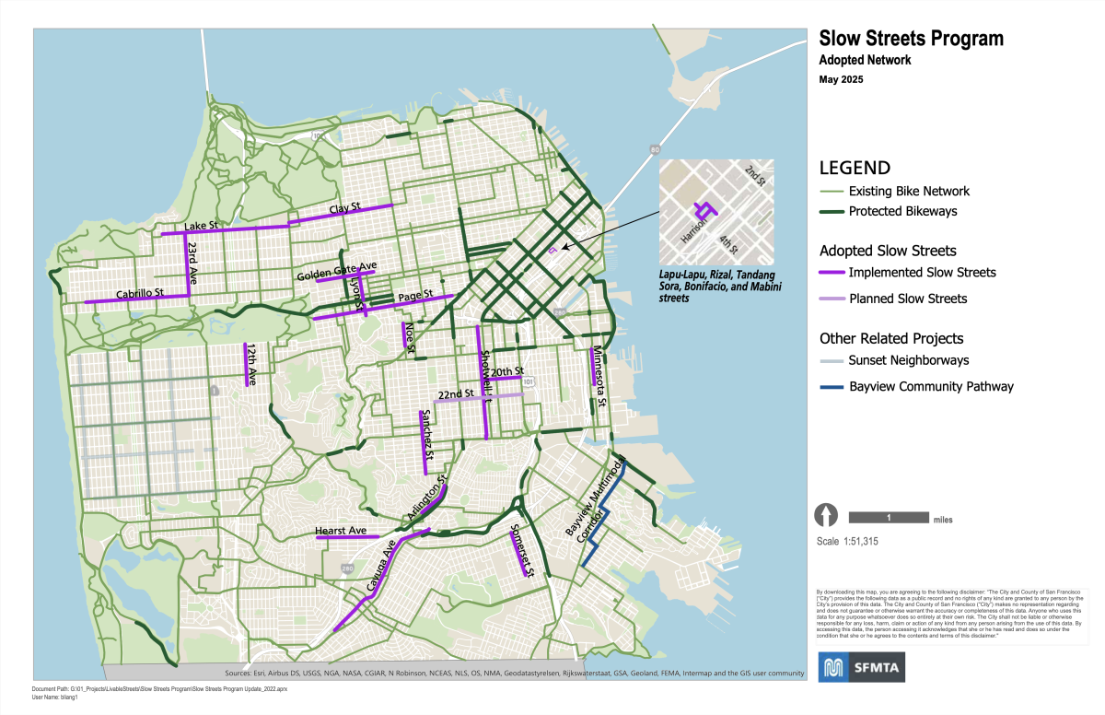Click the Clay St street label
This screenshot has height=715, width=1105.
(x=345, y=207)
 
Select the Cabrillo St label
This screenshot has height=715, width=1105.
(x=139, y=295)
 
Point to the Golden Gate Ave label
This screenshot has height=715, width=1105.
(x=336, y=272)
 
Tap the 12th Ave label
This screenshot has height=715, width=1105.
(x=250, y=363)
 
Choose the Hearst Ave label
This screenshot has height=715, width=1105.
(x=341, y=531)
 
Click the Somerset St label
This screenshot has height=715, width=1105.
(x=520, y=550)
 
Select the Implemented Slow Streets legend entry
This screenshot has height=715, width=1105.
(x=922, y=272)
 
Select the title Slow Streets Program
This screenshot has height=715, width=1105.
(x=911, y=38)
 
